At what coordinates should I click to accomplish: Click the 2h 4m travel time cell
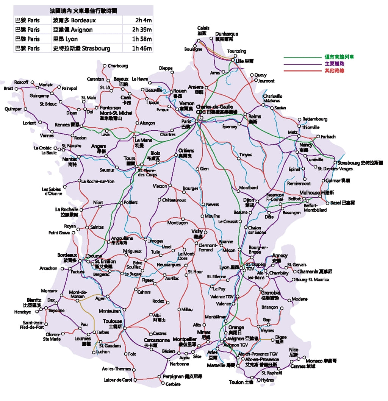click(143, 20)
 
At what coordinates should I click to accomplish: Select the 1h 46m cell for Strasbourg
click(142, 48)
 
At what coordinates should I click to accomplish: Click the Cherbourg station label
click(118, 66)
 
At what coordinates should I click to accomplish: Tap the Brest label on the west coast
click(8, 88)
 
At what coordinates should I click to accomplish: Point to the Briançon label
click(269, 307)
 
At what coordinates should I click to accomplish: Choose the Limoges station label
click(155, 241)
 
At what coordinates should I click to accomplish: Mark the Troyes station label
click(246, 155)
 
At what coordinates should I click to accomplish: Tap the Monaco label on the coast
click(314, 361)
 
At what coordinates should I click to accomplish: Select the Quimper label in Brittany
click(13, 109)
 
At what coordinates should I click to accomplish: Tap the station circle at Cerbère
click(163, 384)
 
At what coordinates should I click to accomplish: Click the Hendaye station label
click(33, 312)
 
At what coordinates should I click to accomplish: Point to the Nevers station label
click(213, 204)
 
